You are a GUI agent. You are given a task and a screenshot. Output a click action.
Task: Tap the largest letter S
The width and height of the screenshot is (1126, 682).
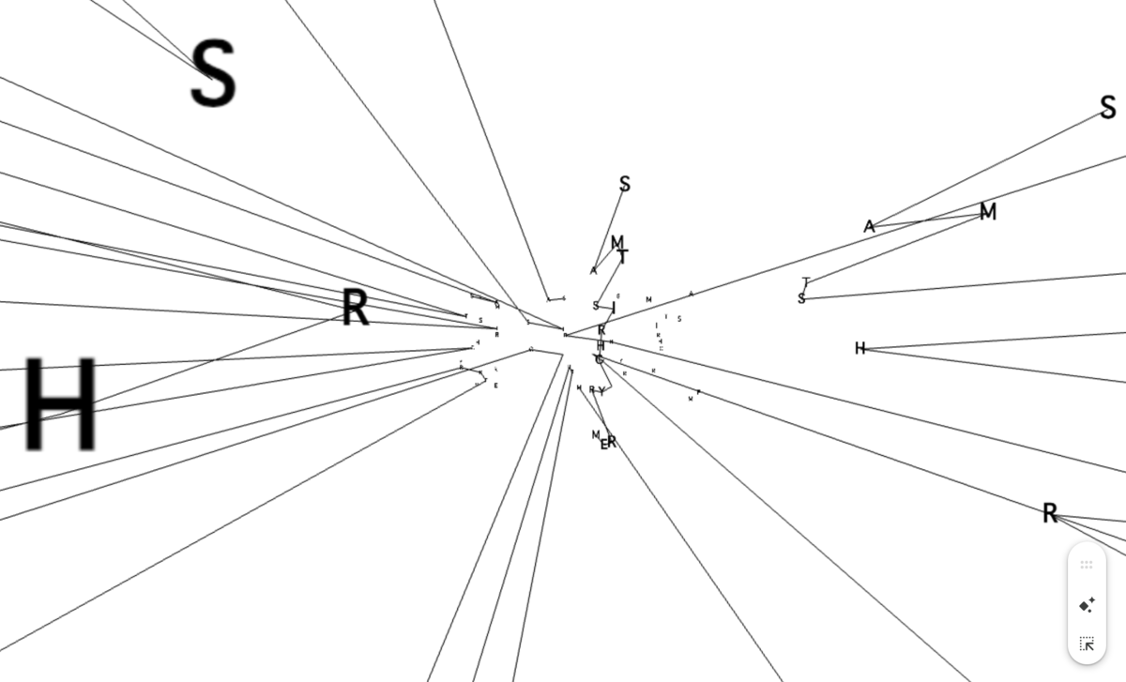213,74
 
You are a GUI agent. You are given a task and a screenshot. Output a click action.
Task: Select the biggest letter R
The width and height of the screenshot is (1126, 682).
355,308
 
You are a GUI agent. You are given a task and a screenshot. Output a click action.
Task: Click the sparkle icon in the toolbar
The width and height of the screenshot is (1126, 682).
1087,605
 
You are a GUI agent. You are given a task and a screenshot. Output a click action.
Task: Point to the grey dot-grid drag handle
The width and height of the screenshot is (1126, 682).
1087,565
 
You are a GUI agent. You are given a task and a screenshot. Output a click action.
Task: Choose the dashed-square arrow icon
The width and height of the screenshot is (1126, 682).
1087,644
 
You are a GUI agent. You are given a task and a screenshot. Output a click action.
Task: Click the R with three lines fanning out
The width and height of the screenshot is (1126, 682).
1050,513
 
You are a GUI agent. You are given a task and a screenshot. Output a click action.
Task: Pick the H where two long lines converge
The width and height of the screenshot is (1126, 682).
860,349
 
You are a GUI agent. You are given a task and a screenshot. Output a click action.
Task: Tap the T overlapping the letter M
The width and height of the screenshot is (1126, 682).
623,256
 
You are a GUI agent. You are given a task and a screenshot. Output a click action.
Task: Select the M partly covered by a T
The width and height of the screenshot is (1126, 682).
616,243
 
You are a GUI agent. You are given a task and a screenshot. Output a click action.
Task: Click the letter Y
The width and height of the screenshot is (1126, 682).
601,391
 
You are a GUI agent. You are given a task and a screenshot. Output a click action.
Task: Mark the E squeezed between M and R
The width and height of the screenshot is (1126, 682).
604,444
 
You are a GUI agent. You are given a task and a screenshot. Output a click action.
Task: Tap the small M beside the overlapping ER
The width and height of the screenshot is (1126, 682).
596,434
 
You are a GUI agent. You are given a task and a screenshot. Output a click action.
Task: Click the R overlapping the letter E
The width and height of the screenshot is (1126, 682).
612,442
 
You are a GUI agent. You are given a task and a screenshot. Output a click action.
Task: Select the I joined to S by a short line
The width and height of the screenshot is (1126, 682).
614,308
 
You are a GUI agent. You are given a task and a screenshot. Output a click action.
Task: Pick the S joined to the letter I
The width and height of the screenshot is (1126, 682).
596,306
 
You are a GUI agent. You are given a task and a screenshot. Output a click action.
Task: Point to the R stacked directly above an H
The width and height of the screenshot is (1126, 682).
601,330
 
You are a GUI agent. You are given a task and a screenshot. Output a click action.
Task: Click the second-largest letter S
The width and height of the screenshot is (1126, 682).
1108,108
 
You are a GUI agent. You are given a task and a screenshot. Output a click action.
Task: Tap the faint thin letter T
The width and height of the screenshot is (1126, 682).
806,281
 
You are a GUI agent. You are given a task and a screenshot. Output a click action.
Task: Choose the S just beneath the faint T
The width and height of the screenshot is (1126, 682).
801,299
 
